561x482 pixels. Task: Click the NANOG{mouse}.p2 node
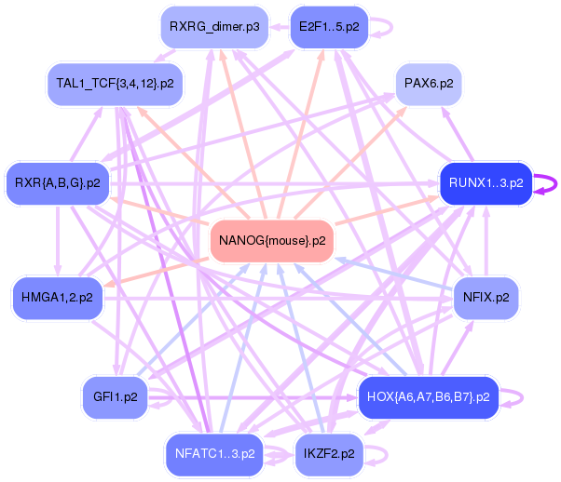272,241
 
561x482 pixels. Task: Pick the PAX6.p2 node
429,84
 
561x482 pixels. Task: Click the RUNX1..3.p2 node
486,182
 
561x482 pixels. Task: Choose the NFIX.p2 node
486,299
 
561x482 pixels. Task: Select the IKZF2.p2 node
329,454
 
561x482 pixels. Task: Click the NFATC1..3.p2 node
213,454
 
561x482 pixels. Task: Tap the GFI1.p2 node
116,397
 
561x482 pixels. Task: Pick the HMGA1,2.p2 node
58,298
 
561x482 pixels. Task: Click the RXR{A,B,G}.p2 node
58,182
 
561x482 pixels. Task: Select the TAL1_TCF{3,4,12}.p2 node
115,84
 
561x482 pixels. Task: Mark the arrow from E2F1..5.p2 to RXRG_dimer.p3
280,27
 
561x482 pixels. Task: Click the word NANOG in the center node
239,241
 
